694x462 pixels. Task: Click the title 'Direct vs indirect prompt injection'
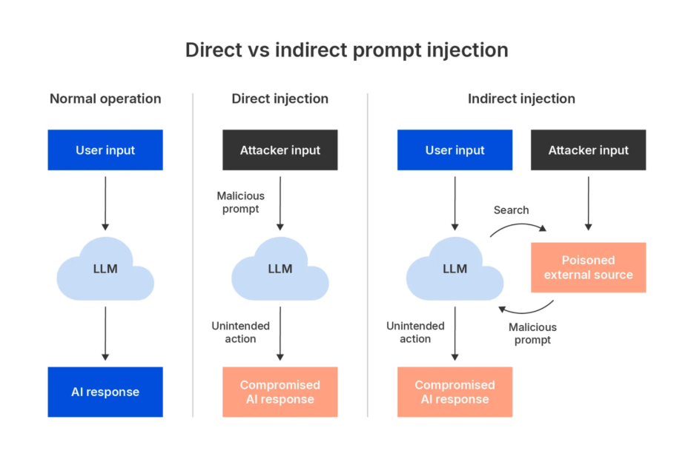(x=346, y=50)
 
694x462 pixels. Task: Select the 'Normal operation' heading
(x=105, y=98)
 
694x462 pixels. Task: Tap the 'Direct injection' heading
(x=280, y=98)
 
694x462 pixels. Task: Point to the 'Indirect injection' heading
(x=521, y=98)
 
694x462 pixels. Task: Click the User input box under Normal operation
(x=105, y=150)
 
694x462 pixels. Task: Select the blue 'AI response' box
(x=105, y=392)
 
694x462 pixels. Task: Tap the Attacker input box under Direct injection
(x=280, y=150)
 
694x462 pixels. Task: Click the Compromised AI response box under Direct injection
(x=280, y=392)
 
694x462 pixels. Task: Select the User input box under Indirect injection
(x=455, y=150)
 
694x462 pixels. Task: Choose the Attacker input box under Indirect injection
(x=588, y=150)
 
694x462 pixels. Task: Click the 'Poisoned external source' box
(x=588, y=267)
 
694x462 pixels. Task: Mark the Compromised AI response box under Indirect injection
(x=455, y=392)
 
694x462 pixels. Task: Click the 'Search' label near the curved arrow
(x=511, y=210)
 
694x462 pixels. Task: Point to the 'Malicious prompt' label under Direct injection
(x=240, y=202)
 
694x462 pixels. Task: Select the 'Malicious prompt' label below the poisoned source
(x=532, y=333)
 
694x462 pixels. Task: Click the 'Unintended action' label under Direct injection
(x=240, y=332)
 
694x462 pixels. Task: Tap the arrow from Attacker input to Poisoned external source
(x=588, y=204)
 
